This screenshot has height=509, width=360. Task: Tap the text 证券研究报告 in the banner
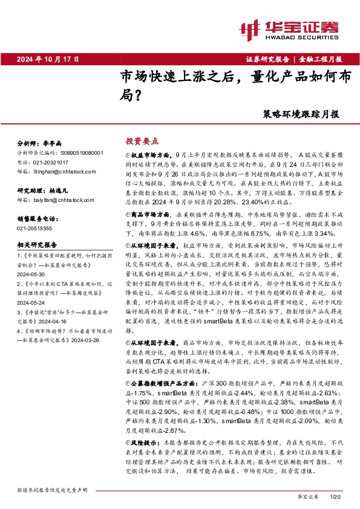tap(267, 59)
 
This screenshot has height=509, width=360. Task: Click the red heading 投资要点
tap(142, 140)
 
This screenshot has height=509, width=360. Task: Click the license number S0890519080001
tap(77, 154)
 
